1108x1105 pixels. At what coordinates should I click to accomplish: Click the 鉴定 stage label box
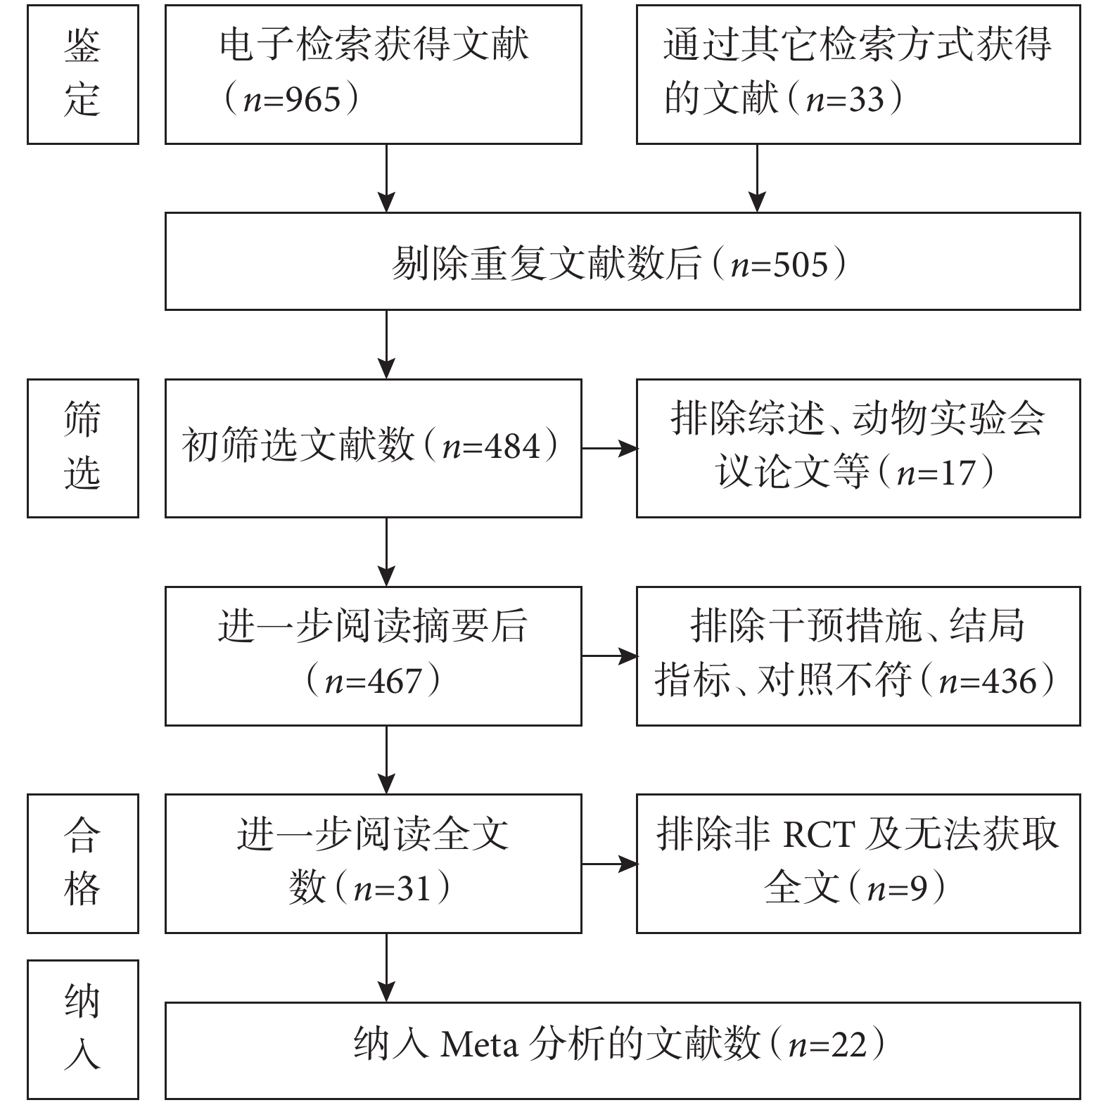[83, 75]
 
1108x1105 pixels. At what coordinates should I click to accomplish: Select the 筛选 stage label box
[83, 448]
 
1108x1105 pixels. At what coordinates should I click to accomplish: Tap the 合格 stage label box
[83, 864]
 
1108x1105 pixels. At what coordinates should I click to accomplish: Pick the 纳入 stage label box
[83, 1030]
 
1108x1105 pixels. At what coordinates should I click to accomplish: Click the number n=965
[292, 100]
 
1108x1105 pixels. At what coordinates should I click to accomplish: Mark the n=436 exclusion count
[988, 681]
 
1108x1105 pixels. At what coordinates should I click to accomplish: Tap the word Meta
[480, 1045]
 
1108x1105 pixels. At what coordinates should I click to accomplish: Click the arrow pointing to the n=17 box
[609, 448]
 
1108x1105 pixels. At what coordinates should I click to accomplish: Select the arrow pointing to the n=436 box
[609, 656]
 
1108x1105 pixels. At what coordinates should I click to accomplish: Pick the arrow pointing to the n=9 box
[609, 864]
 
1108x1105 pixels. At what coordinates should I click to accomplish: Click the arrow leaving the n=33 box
[757, 179]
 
